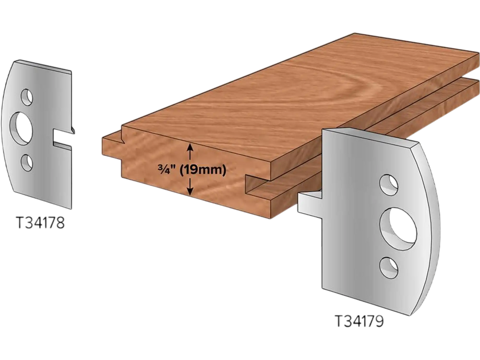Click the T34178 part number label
tap(40, 223)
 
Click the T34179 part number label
tap(359, 321)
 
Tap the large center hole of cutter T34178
tap(21, 128)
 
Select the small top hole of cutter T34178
tap(26, 97)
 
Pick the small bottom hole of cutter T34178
tap(26, 163)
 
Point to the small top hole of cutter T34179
tap(388, 185)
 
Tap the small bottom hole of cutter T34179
tap(388, 268)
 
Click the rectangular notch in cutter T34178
tap(62, 135)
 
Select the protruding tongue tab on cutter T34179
tap(310, 203)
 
